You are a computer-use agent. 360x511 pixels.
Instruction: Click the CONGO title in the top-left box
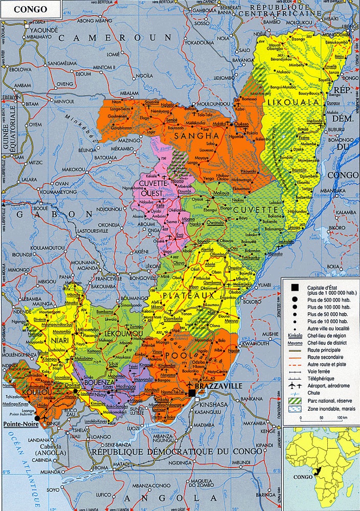point(30,9)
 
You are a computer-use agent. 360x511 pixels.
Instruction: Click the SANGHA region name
point(193,136)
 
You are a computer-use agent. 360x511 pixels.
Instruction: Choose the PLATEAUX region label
point(189,295)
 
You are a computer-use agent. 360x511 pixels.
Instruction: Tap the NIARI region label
point(59,330)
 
